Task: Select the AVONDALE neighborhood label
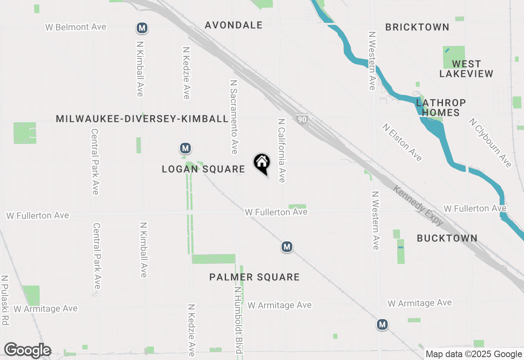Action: coord(233,25)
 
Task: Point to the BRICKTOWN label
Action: coord(417,27)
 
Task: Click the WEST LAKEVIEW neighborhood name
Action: coord(466,69)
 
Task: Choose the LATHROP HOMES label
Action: coord(441,107)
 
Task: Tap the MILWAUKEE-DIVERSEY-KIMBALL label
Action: coord(142,119)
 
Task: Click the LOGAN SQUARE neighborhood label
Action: coord(203,169)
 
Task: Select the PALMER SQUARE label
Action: coord(254,277)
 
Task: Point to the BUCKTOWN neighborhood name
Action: coord(447,238)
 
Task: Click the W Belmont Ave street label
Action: coord(76,27)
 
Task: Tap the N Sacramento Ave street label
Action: coord(234,117)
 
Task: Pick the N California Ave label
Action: coord(282,151)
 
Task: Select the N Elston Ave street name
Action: coord(402,142)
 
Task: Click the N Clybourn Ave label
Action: coord(490,143)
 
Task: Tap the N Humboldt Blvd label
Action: coord(238,319)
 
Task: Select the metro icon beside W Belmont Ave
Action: coord(142,28)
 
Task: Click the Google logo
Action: coord(27,351)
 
